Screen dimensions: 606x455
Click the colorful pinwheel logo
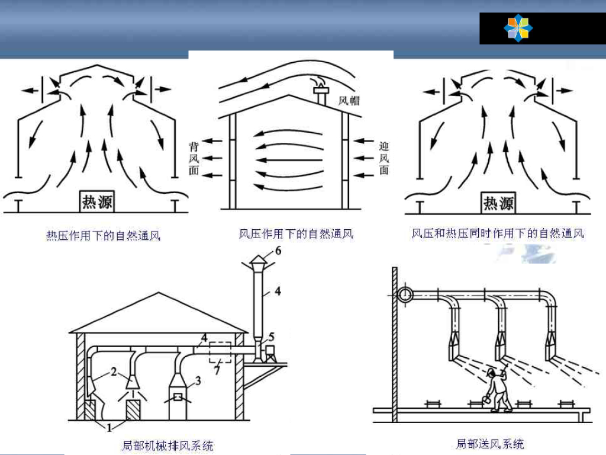[x=518, y=28]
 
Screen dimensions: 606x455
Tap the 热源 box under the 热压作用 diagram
[x=97, y=202]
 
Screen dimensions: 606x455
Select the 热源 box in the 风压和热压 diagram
[x=498, y=203]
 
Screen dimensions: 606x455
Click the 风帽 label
[x=349, y=101]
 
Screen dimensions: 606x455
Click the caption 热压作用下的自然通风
[x=103, y=235]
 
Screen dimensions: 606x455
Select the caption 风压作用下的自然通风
[x=296, y=234]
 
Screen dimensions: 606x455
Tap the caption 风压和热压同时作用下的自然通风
[x=497, y=233]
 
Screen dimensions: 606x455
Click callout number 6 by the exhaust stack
[x=277, y=251]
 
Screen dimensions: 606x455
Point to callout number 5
[x=271, y=337]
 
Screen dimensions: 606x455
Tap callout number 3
[x=198, y=381]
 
